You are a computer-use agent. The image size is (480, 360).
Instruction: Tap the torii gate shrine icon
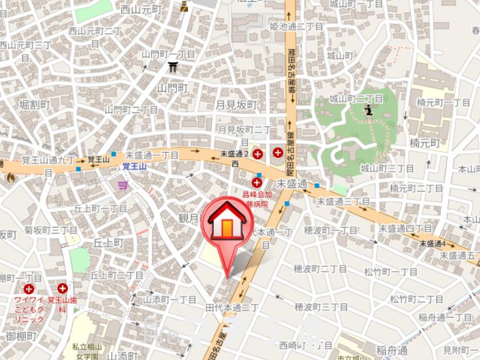click(x=173, y=67)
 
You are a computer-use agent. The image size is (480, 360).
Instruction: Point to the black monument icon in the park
click(x=369, y=111)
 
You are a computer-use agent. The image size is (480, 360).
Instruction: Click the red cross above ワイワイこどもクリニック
click(x=29, y=289)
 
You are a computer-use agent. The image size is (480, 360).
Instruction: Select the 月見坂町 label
click(x=237, y=105)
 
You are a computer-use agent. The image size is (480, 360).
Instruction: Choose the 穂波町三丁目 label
click(x=321, y=307)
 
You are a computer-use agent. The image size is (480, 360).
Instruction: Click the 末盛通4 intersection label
click(x=432, y=244)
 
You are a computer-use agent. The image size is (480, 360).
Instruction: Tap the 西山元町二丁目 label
click(x=95, y=31)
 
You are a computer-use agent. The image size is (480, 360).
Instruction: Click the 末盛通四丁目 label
click(x=405, y=229)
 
